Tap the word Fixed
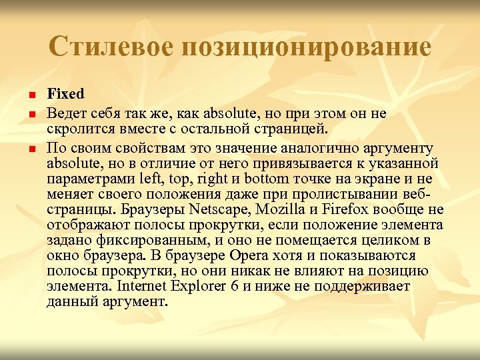[x=66, y=94]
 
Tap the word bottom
[x=283, y=178]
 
